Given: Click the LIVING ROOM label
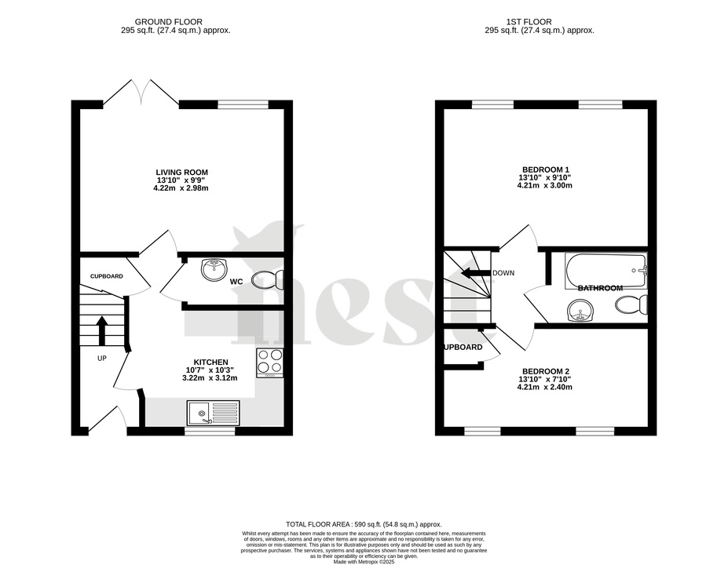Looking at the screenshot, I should point(181,172).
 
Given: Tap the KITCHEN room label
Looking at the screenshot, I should point(211,362).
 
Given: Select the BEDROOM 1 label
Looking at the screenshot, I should point(545,169).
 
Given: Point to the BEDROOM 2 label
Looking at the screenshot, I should point(545,371).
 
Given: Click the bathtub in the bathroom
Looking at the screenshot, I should point(605,271).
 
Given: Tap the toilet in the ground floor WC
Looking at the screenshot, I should point(271,279).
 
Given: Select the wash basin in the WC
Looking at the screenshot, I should point(214,270).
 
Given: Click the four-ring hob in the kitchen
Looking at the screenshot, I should point(269,363).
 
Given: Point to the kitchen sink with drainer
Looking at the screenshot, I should point(213,412).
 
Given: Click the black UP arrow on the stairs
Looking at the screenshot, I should point(101,330).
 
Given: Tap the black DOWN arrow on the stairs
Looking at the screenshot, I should point(474,273).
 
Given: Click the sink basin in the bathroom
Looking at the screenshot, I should point(580,313).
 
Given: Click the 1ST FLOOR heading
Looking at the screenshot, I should point(539,21).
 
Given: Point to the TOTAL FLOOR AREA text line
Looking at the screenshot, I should point(364,523).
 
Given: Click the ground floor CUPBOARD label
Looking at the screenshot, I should point(106,276).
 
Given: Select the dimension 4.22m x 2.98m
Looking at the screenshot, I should point(181,188).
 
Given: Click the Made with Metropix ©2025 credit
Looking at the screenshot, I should point(364,562).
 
